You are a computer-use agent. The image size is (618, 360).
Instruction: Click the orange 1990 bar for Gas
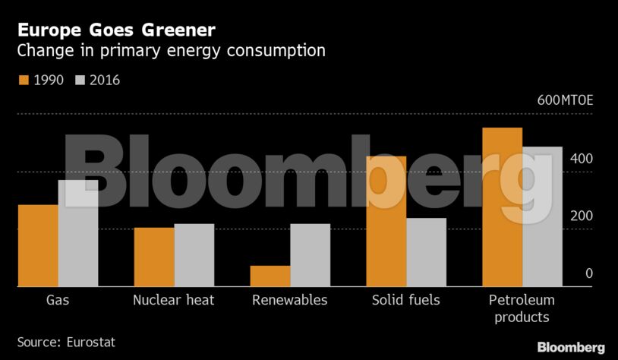click(38, 245)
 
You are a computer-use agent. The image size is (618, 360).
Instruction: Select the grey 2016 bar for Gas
click(78, 233)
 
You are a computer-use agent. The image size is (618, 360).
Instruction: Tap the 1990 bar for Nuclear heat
click(154, 257)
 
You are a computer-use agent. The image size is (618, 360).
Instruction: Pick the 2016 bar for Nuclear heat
click(194, 255)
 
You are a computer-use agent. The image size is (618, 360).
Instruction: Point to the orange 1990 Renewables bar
click(270, 276)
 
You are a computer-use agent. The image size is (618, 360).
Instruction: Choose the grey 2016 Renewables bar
click(311, 255)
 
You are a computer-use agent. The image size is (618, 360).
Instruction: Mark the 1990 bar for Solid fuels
click(386, 221)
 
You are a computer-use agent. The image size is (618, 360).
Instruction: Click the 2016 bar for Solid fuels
click(427, 252)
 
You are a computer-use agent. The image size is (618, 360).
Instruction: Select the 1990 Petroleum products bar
click(503, 207)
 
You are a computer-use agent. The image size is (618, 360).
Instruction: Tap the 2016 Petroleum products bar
click(543, 216)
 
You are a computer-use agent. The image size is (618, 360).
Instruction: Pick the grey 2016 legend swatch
click(81, 80)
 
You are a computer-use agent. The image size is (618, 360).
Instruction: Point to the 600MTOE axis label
click(565, 101)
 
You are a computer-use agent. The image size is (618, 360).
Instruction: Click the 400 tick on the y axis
click(582, 159)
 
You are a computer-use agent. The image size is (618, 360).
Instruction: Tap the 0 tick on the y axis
click(588, 273)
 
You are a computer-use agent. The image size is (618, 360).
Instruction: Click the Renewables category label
click(290, 300)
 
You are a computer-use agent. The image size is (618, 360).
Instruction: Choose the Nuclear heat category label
click(173, 300)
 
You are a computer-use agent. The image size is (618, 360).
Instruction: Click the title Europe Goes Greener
click(116, 30)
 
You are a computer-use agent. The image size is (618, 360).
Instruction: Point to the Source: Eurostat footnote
click(66, 343)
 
